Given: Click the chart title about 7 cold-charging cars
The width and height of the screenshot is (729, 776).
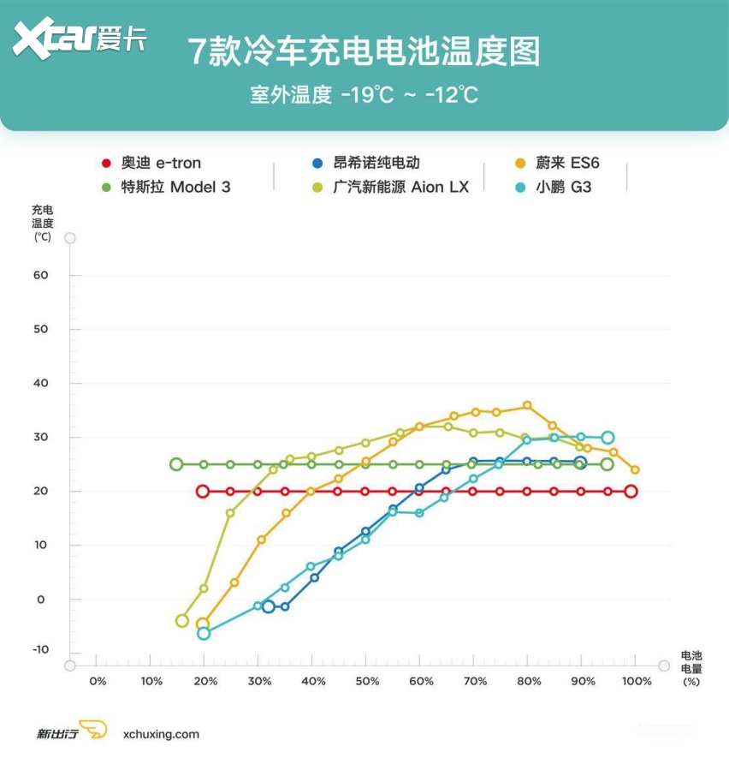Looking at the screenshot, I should [364, 51].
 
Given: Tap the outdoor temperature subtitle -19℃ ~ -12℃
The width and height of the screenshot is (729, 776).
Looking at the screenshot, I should [364, 94].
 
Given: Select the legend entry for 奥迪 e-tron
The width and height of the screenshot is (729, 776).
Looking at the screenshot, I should [151, 163].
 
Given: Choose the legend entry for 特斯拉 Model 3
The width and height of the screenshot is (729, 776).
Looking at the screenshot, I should [166, 187].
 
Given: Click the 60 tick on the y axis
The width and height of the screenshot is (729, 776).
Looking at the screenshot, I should [40, 276].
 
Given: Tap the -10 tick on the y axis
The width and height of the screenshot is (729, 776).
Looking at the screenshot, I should [40, 650].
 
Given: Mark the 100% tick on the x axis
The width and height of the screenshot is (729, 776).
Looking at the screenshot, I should [637, 681].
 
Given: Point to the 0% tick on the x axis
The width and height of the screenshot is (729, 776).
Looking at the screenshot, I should [98, 681].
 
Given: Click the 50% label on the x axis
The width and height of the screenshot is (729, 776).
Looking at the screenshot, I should [367, 681].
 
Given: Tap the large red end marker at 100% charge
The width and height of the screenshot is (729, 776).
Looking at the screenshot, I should [631, 492].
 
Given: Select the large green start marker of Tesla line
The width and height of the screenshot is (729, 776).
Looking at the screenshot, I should [176, 464].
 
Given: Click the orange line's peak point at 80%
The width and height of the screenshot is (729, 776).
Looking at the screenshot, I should [527, 405].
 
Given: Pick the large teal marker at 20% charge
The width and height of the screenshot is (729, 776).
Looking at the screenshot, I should [204, 634].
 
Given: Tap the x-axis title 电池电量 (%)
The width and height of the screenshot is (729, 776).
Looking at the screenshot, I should [691, 667].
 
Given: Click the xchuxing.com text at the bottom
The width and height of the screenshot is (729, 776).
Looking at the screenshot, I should [161, 734].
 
